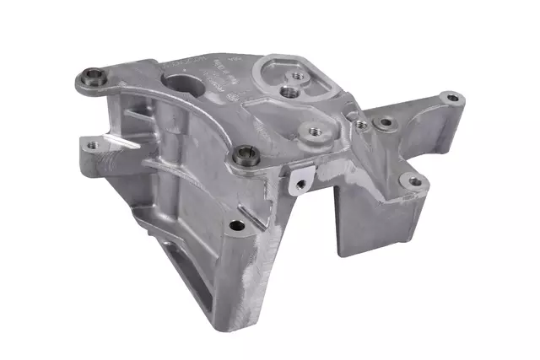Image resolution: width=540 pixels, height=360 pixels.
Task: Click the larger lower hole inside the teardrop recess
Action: click(x=290, y=89)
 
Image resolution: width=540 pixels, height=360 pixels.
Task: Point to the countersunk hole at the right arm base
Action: click(x=386, y=123)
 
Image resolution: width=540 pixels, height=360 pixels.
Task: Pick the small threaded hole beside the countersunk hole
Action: click(x=360, y=124)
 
